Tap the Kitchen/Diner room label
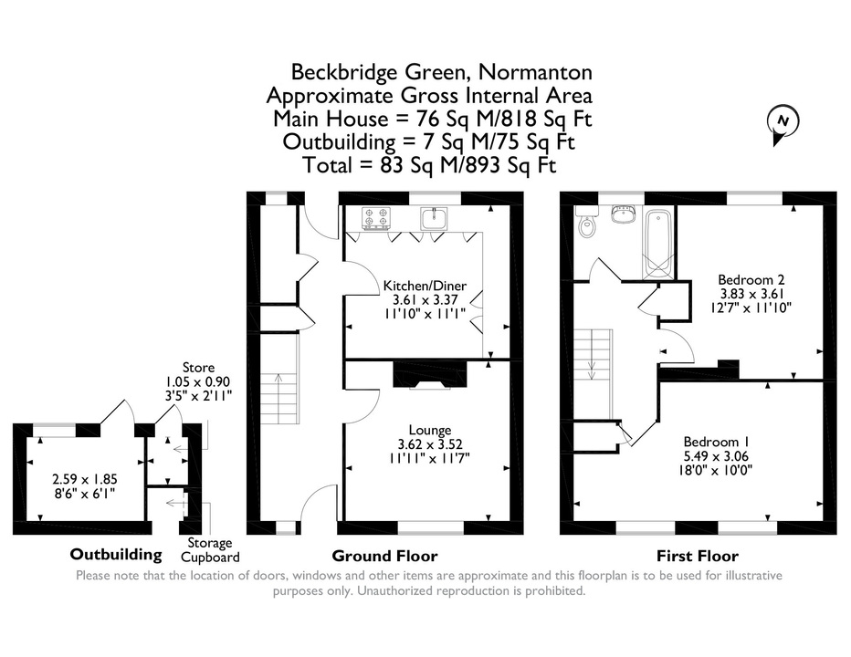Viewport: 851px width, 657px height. point(425,286)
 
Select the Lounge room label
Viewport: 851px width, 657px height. point(430,430)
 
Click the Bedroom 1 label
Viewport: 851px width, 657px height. point(711,442)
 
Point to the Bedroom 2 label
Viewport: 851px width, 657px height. point(751,280)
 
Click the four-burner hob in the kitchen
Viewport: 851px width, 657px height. point(376,217)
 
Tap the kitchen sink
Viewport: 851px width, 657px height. point(434,218)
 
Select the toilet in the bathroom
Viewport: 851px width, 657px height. point(586,223)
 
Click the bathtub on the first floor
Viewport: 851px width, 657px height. point(657,243)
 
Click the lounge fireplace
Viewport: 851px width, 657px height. point(430,375)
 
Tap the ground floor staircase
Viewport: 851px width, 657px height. point(279,380)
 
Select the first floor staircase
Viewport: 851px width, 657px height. point(594,373)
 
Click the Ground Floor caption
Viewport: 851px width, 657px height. point(384,556)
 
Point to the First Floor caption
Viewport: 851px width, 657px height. point(698,556)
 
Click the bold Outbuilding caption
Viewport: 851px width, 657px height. point(116,555)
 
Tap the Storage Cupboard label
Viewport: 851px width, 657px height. point(210,550)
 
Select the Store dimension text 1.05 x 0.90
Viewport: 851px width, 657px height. point(198,382)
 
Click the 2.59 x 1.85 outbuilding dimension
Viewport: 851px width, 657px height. point(85,480)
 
